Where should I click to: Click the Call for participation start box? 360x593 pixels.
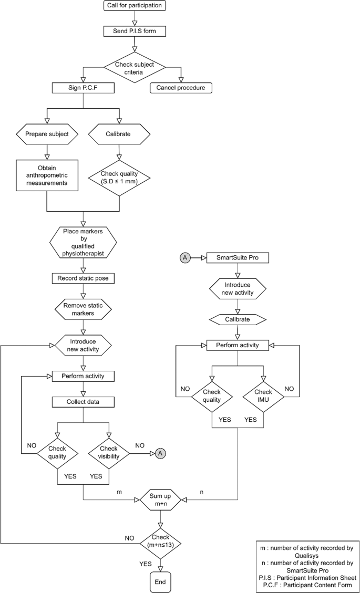[x=135, y=6]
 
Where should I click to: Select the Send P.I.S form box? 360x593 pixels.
[x=135, y=31]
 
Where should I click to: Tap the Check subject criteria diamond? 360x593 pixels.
[x=135, y=68]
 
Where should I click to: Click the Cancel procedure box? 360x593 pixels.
[x=181, y=88]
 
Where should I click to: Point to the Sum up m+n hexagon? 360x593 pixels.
[x=161, y=497]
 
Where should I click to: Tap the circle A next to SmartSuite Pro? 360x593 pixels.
[x=185, y=258]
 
